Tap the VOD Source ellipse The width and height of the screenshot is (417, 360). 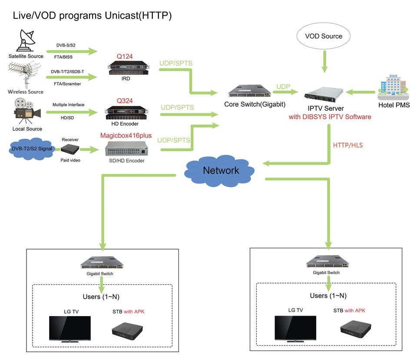tap(324, 36)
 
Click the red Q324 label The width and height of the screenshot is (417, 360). tap(125, 101)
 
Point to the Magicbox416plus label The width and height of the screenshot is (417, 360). tap(126, 136)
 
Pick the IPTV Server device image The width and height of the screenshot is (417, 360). tap(324, 93)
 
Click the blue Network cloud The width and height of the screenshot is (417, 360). tap(220, 170)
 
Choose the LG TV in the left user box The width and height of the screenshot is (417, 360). tap(69, 329)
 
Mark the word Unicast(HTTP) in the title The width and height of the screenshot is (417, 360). tap(138, 16)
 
